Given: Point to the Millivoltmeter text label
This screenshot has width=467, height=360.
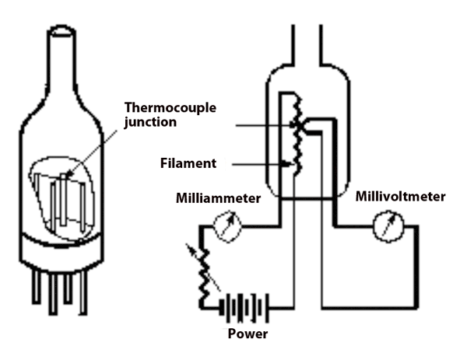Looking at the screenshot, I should (x=400, y=197).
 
